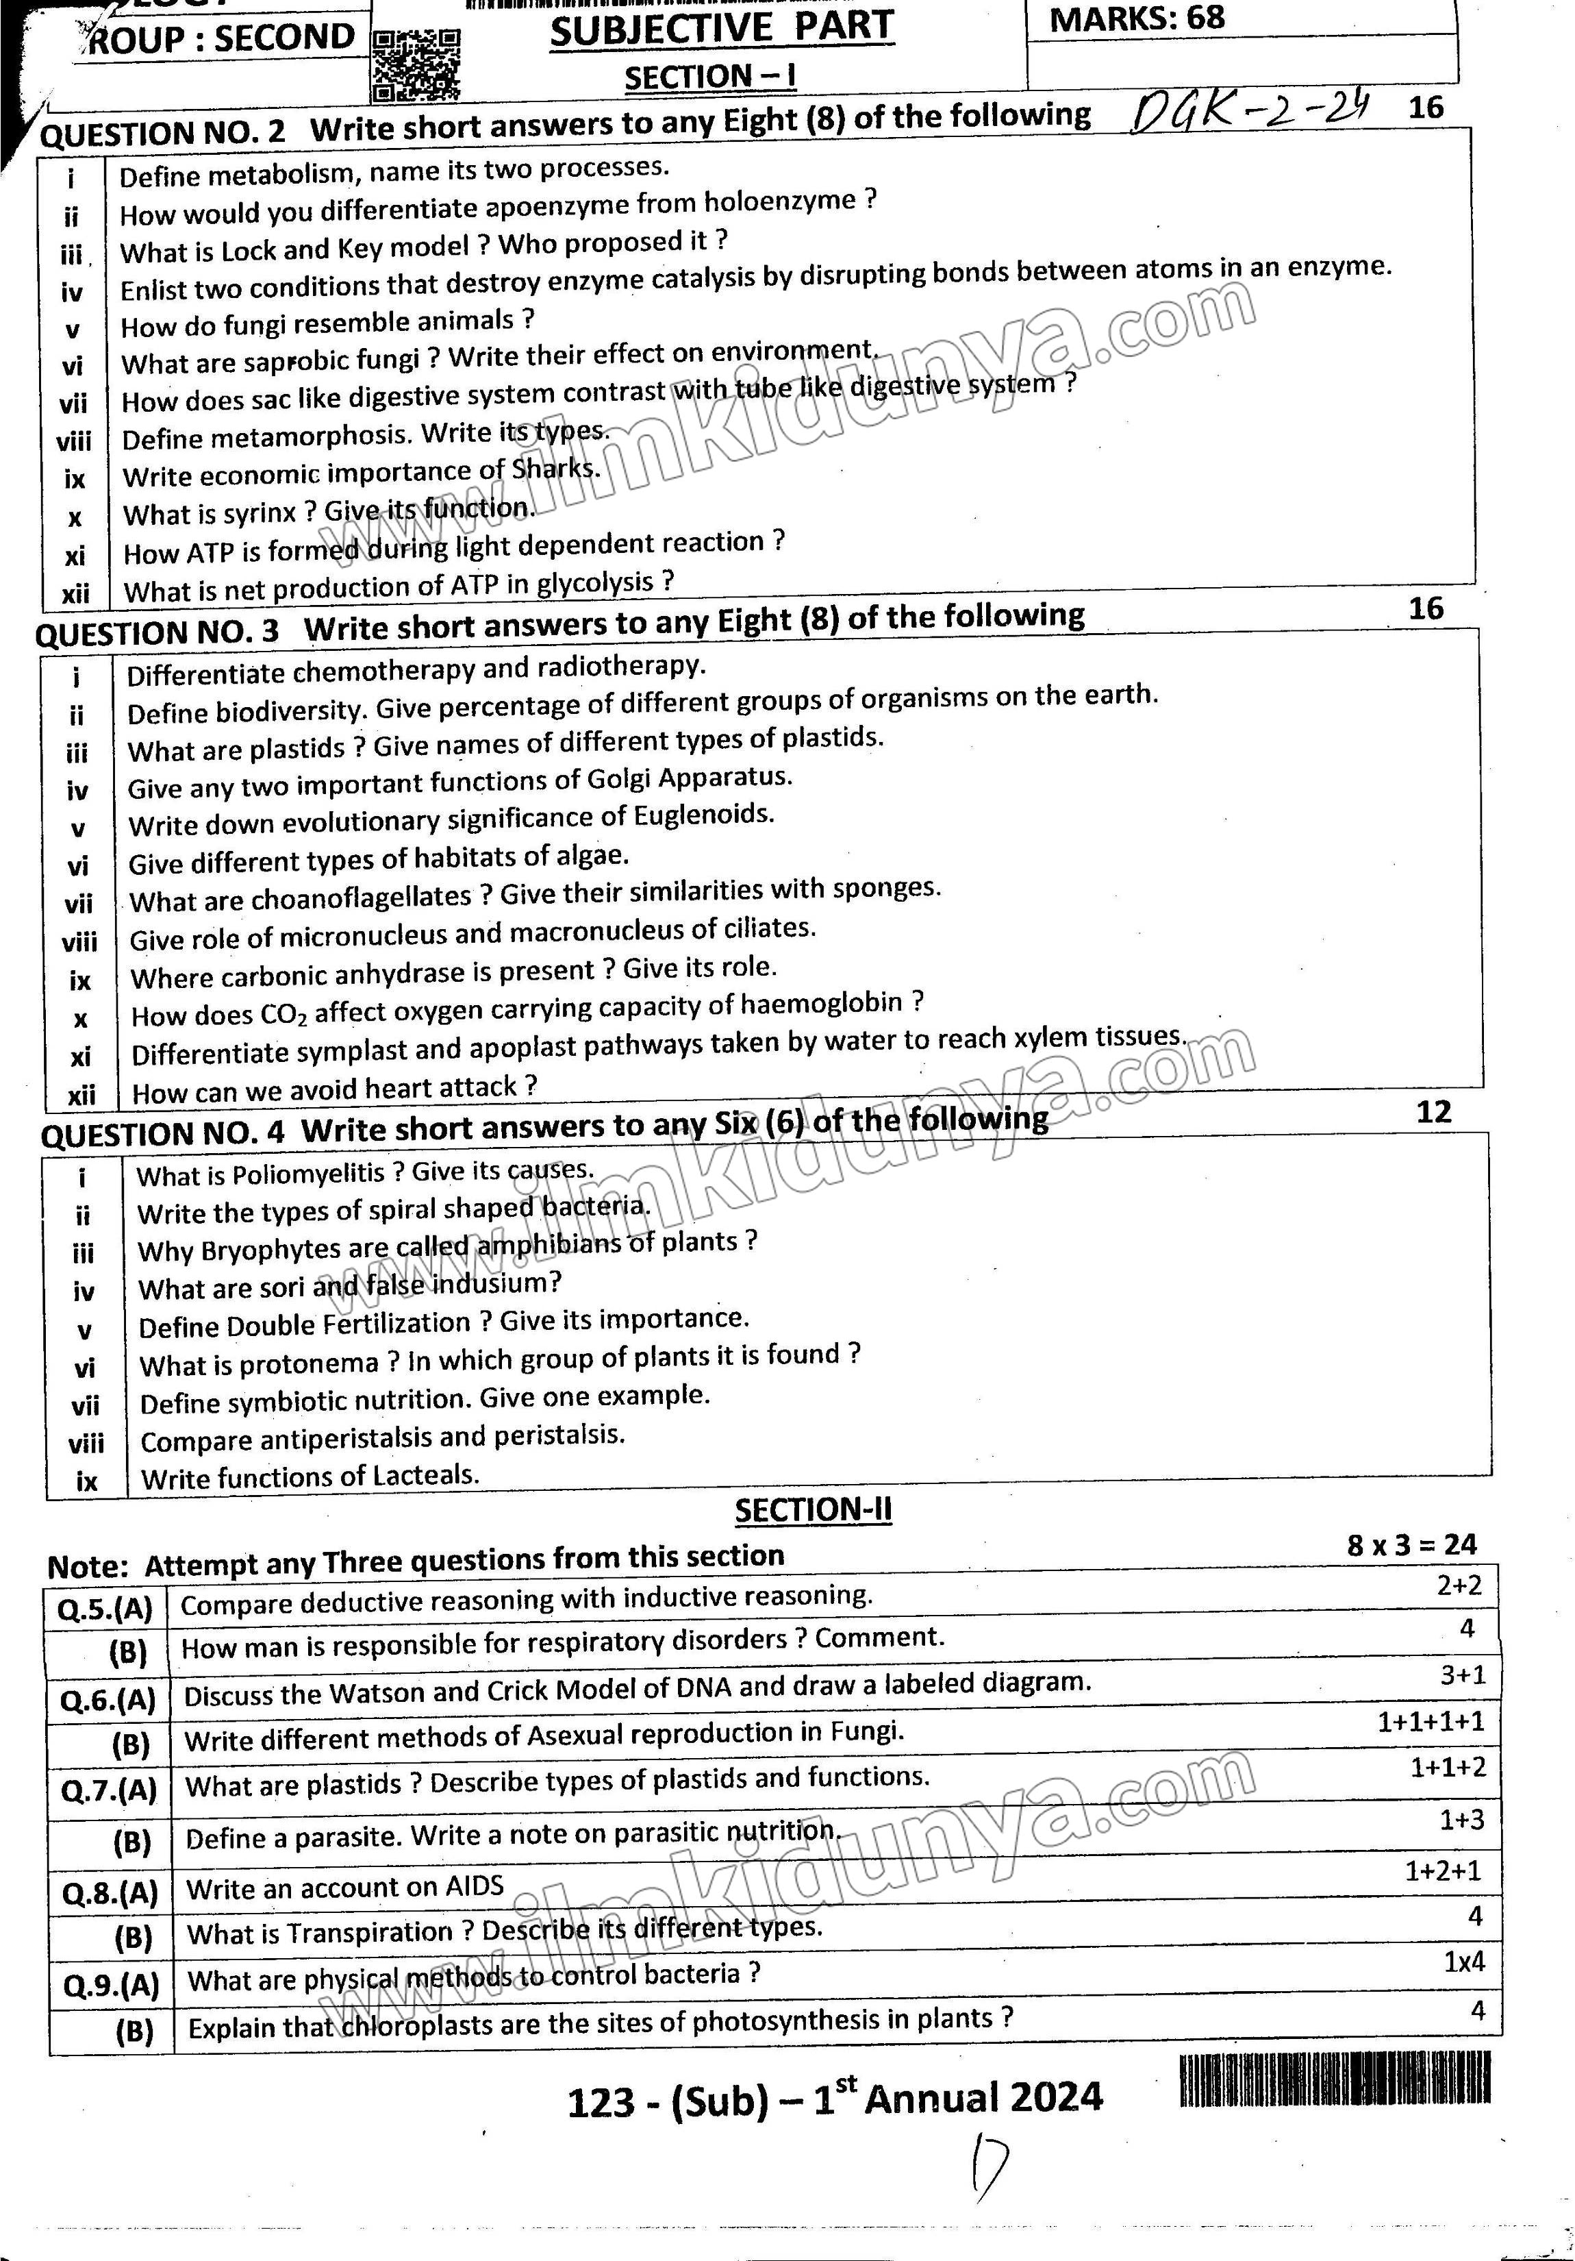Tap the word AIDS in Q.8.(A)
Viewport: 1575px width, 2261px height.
tap(475, 1886)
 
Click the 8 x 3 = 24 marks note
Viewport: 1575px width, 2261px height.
tap(1411, 1545)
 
